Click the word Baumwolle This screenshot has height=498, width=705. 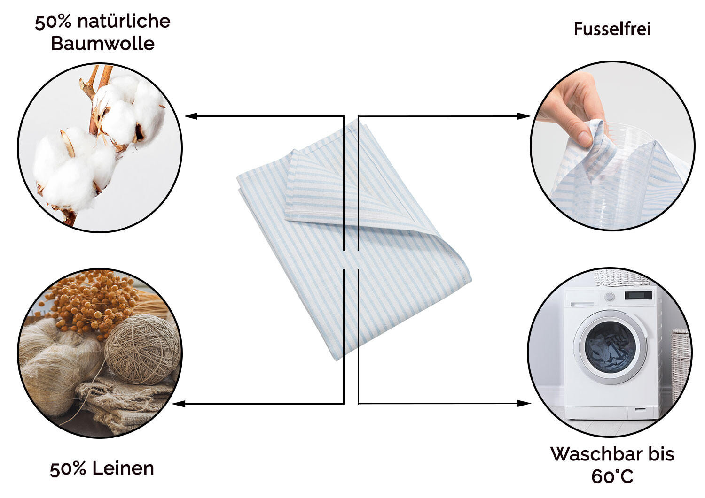[102, 43]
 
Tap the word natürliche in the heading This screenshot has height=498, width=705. [124, 22]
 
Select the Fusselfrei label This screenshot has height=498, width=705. [612, 29]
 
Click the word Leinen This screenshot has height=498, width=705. [123, 468]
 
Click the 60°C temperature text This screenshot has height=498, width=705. [612, 476]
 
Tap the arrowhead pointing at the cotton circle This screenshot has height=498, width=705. [190, 116]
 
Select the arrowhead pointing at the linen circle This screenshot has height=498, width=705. [179, 404]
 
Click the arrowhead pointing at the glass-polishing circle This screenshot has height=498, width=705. [524, 116]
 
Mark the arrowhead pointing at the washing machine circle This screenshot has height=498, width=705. [524, 403]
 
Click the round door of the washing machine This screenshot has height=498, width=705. [610, 347]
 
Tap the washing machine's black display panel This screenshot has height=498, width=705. [638, 295]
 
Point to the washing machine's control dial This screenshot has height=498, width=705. [610, 297]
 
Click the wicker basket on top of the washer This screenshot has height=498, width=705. [622, 277]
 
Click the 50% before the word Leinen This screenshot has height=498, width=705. [68, 469]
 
